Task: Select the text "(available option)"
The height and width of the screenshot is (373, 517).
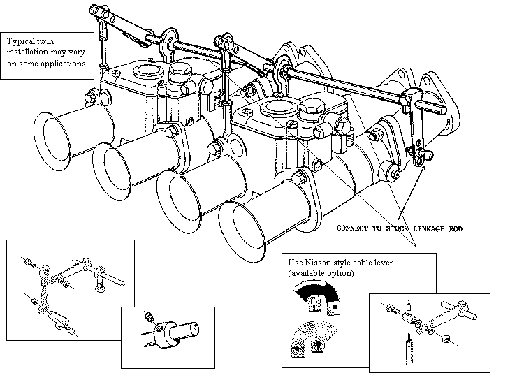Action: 321,273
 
